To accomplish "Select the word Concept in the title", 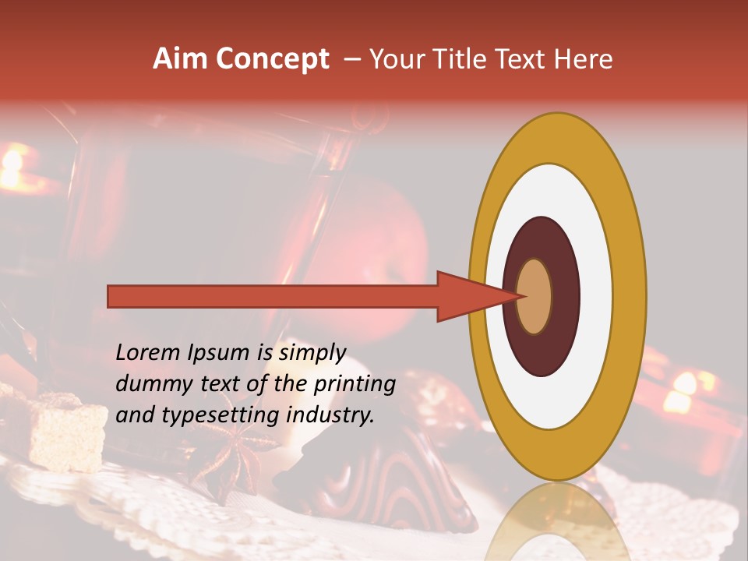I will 272,60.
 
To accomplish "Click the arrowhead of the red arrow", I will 467,296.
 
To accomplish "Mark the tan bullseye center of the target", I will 535,297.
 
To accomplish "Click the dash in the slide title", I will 352,59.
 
